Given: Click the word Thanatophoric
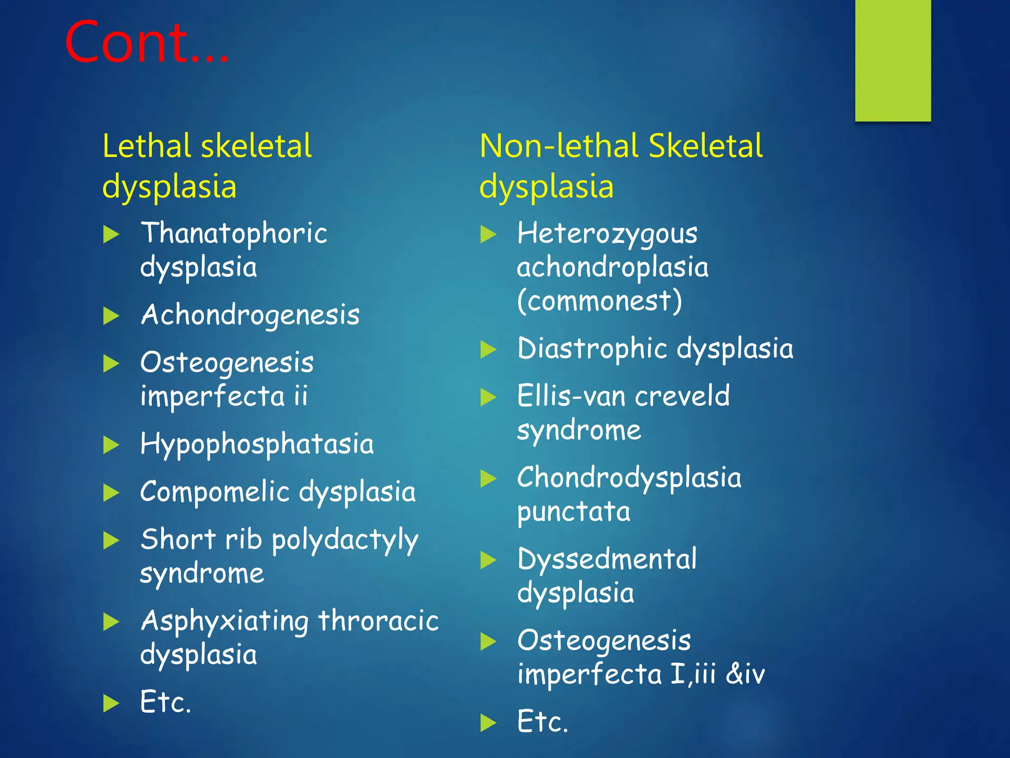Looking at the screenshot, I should pyautogui.click(x=234, y=233).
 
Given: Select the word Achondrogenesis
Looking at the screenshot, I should pyautogui.click(x=250, y=315).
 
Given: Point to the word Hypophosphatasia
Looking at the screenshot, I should pyautogui.click(x=256, y=444).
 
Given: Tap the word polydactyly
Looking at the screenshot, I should pyautogui.click(x=345, y=540).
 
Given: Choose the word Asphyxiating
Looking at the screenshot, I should pyautogui.click(x=224, y=621).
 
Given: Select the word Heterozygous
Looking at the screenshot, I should pyautogui.click(x=607, y=233).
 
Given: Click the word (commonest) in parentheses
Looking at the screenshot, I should pyautogui.click(x=599, y=301).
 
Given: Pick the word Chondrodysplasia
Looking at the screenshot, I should pyautogui.click(x=629, y=478).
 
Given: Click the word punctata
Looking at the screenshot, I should pyautogui.click(x=574, y=512).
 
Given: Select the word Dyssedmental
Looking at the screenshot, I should pyautogui.click(x=607, y=559).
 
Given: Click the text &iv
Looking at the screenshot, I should pyautogui.click(x=745, y=674).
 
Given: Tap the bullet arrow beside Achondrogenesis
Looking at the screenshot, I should pyautogui.click(x=111, y=316).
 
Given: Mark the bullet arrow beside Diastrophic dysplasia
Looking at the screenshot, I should pyautogui.click(x=488, y=349).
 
